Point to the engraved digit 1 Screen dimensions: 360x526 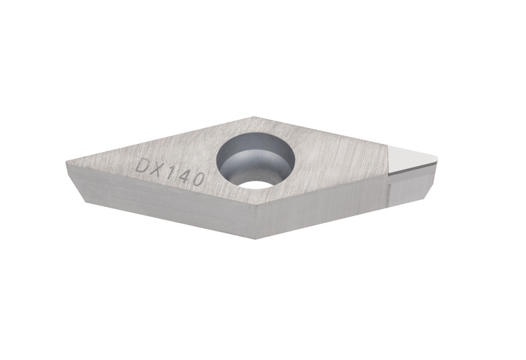coord(173,173)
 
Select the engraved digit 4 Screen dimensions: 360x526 coord(183,177)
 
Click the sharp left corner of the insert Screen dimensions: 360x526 coord(66,163)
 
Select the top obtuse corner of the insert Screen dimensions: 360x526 coord(254,117)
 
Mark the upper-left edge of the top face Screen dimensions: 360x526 coord(159,141)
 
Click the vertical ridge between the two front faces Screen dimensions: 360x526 coord(255,222)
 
